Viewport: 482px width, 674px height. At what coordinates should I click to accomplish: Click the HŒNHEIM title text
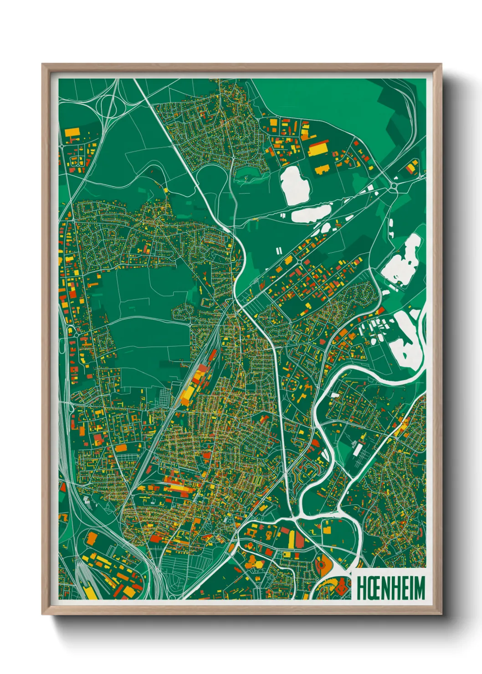click(390, 588)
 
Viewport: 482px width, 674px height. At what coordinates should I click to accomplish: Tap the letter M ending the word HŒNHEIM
click(419, 588)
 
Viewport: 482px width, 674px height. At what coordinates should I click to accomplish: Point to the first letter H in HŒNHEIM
click(360, 588)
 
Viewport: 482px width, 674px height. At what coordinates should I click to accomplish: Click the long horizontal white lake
click(311, 214)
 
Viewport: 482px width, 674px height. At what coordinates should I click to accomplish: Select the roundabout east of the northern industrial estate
click(394, 186)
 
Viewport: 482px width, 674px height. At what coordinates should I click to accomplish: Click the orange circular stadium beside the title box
click(322, 565)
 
